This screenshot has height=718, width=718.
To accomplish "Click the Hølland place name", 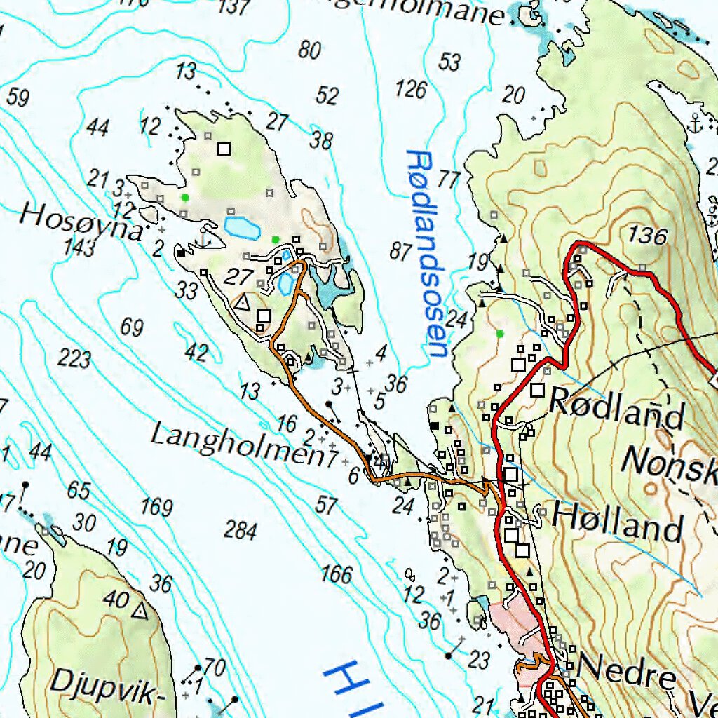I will click(617, 522).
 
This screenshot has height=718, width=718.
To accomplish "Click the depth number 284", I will click(241, 531).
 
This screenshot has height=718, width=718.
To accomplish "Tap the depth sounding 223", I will click(74, 359).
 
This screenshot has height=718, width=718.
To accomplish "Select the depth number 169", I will click(156, 506).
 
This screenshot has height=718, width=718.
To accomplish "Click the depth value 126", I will click(411, 89).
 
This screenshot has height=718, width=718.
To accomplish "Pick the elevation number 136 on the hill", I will click(647, 236).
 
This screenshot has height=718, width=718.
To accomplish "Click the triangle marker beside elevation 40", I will click(140, 612).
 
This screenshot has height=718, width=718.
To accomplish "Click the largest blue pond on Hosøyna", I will click(240, 227).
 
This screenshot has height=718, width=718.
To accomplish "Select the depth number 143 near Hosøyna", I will click(79, 248).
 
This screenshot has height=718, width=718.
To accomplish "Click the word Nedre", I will click(628, 675).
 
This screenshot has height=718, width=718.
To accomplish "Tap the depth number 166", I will click(337, 575).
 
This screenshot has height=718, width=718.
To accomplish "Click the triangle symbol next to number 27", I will click(243, 303).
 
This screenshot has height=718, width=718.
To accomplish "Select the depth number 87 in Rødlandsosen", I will click(401, 251).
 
